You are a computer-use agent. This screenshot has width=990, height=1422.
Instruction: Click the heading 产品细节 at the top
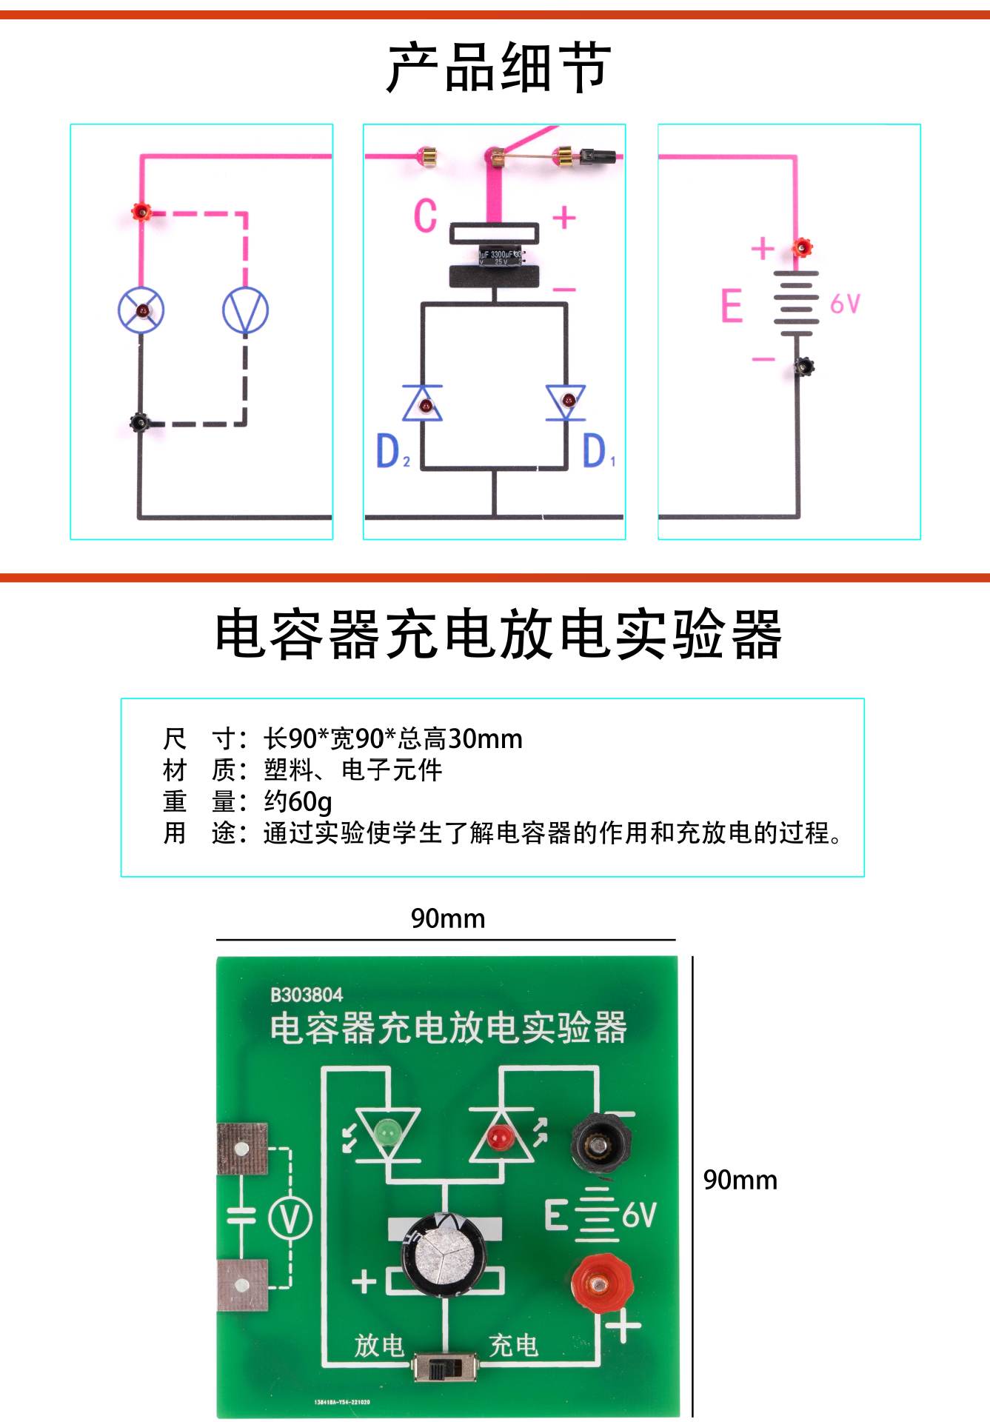(498, 68)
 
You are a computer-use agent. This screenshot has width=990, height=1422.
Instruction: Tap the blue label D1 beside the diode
(597, 451)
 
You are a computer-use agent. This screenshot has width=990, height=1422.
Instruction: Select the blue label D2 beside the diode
(392, 451)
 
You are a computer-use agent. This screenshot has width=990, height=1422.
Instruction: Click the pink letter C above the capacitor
(425, 216)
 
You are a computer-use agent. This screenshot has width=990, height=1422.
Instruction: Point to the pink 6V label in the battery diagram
(845, 304)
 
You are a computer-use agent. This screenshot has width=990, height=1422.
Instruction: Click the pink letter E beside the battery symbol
(732, 305)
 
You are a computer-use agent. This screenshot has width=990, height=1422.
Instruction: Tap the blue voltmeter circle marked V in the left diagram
(245, 310)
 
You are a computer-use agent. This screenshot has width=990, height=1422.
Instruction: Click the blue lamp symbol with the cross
(141, 310)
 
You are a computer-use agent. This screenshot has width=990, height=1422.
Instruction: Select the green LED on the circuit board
(386, 1132)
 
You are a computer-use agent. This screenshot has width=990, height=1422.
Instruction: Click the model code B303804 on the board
(307, 995)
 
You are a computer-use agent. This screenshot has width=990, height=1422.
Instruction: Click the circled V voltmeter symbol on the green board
(290, 1218)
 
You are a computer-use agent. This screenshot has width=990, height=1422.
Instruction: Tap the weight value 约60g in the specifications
(298, 801)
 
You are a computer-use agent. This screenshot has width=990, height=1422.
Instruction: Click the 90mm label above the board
(448, 918)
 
